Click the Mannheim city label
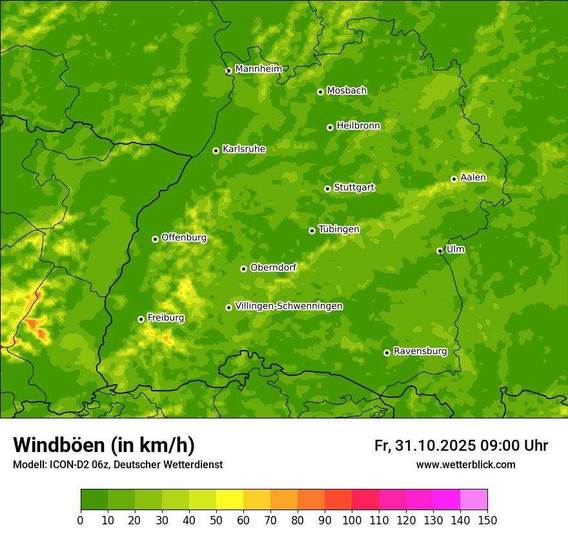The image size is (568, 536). coord(258,69)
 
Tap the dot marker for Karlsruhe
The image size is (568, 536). coord(216,150)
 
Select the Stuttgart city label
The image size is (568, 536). coord(354,188)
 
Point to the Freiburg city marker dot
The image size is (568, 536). coord(141,319)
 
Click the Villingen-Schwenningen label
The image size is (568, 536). coord(289,306)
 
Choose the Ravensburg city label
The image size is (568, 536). coord(420,351)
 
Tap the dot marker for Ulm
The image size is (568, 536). coord(440,251)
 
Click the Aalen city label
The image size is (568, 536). coord(472,178)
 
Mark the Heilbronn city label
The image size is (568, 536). coord(358,126)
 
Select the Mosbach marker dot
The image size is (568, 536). coord(320,92)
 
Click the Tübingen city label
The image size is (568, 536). coord(338,229)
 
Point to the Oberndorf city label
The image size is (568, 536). coord(273,267)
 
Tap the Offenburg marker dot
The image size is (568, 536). coord(155,239)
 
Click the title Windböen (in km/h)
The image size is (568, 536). coord(103,446)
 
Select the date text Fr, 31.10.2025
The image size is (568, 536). coord(425,446)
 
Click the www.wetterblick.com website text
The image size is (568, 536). coord(465,464)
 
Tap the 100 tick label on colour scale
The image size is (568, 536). coord(352,521)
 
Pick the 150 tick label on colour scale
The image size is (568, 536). coord(487,521)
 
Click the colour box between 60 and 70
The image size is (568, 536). coord(257,500)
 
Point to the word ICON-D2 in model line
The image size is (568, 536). coord(65,464)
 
